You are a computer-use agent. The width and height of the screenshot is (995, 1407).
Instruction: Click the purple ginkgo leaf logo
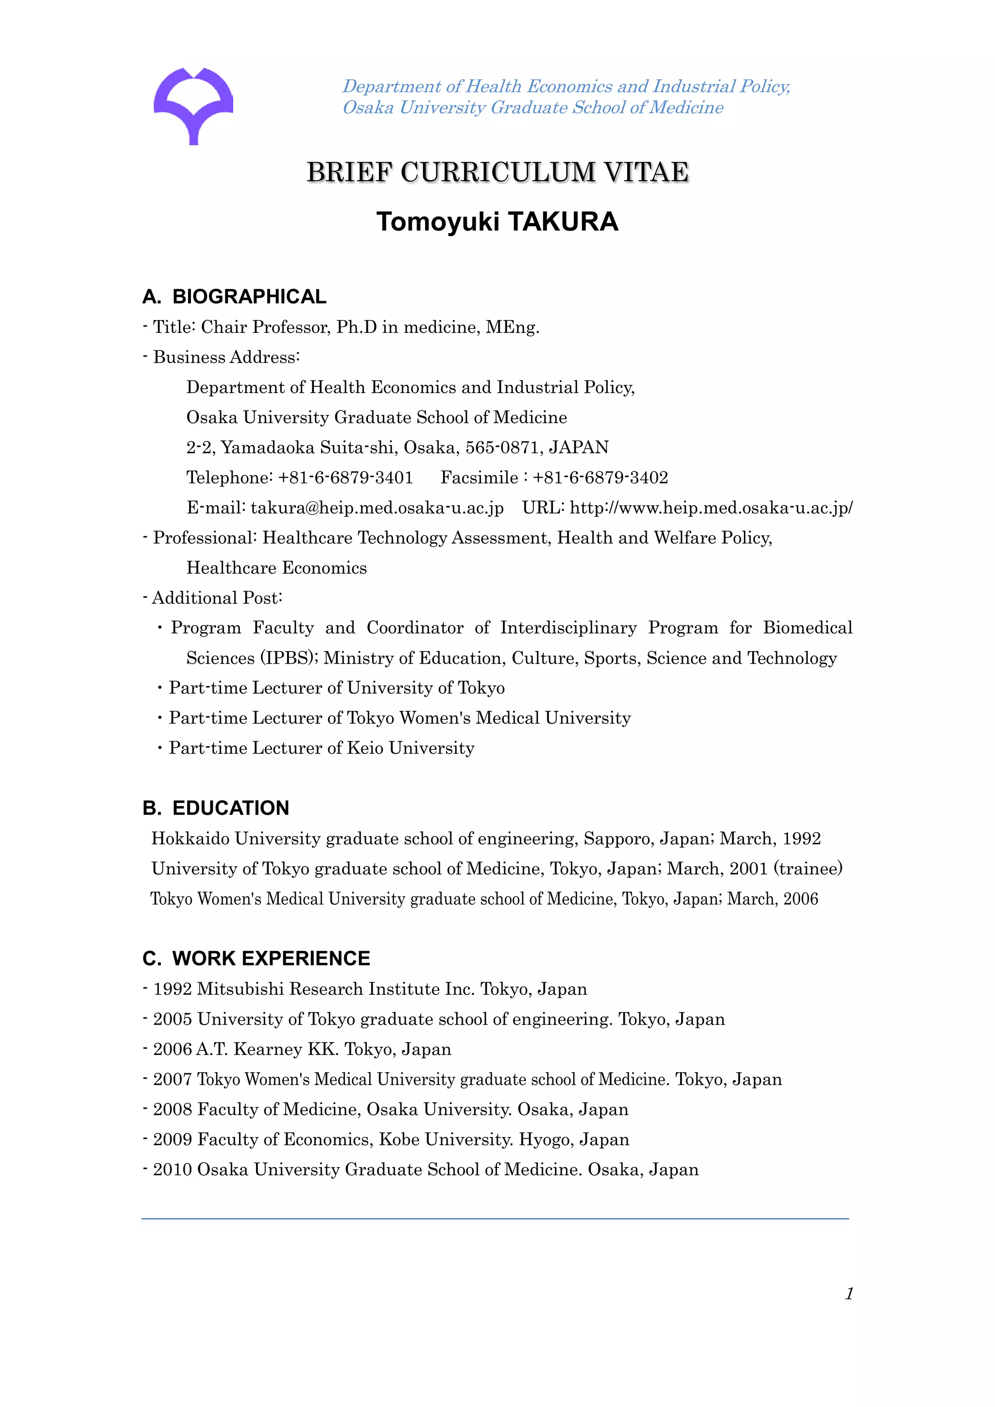[x=193, y=104]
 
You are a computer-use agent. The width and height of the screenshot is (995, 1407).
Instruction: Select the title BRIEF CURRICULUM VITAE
[x=497, y=172]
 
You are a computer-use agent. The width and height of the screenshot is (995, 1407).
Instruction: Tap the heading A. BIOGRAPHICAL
[x=234, y=296]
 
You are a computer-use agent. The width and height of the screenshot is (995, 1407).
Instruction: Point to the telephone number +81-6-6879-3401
[x=345, y=478]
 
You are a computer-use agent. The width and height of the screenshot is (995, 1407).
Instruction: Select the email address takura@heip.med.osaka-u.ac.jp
[x=377, y=508]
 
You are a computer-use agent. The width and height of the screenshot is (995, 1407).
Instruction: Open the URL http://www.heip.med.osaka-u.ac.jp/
[x=711, y=508]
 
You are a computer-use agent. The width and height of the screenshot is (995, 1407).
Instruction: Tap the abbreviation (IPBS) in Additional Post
[x=289, y=658]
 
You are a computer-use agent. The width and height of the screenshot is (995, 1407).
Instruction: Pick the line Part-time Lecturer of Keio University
[x=322, y=748]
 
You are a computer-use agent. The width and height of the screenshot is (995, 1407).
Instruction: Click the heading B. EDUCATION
[x=216, y=808]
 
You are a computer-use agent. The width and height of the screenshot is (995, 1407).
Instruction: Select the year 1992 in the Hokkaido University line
[x=801, y=839]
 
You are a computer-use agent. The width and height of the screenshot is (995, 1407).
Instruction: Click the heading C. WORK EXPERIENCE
[x=256, y=959]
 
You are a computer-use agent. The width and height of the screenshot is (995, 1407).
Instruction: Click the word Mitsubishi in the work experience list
[x=240, y=989]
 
